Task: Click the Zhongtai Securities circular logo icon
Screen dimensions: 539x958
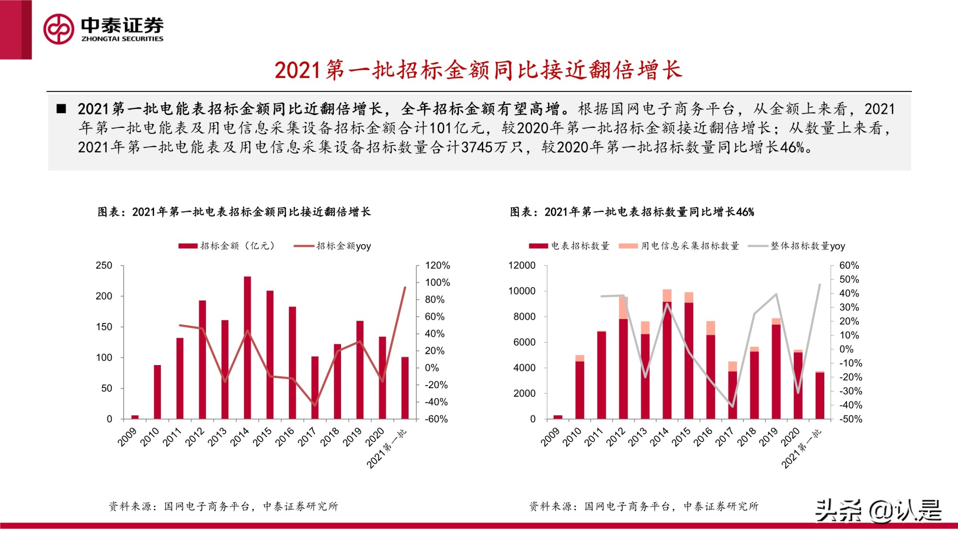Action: [58, 29]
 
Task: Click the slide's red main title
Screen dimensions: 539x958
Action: [478, 70]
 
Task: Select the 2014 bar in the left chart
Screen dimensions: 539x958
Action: [247, 347]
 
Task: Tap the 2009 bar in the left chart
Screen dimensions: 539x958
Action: [135, 417]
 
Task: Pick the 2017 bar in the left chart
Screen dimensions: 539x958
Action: [315, 388]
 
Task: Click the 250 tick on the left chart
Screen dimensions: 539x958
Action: [104, 265]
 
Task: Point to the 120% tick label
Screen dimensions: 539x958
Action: [437, 265]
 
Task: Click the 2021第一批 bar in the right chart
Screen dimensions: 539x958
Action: [820, 395]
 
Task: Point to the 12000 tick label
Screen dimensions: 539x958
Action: [522, 265]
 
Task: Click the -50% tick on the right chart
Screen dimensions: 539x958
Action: [850, 419]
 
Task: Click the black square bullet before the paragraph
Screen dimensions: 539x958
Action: [61, 108]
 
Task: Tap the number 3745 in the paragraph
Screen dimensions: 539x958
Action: [477, 147]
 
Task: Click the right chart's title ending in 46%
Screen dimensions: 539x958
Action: [632, 212]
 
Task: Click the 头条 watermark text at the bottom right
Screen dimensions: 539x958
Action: [838, 510]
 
